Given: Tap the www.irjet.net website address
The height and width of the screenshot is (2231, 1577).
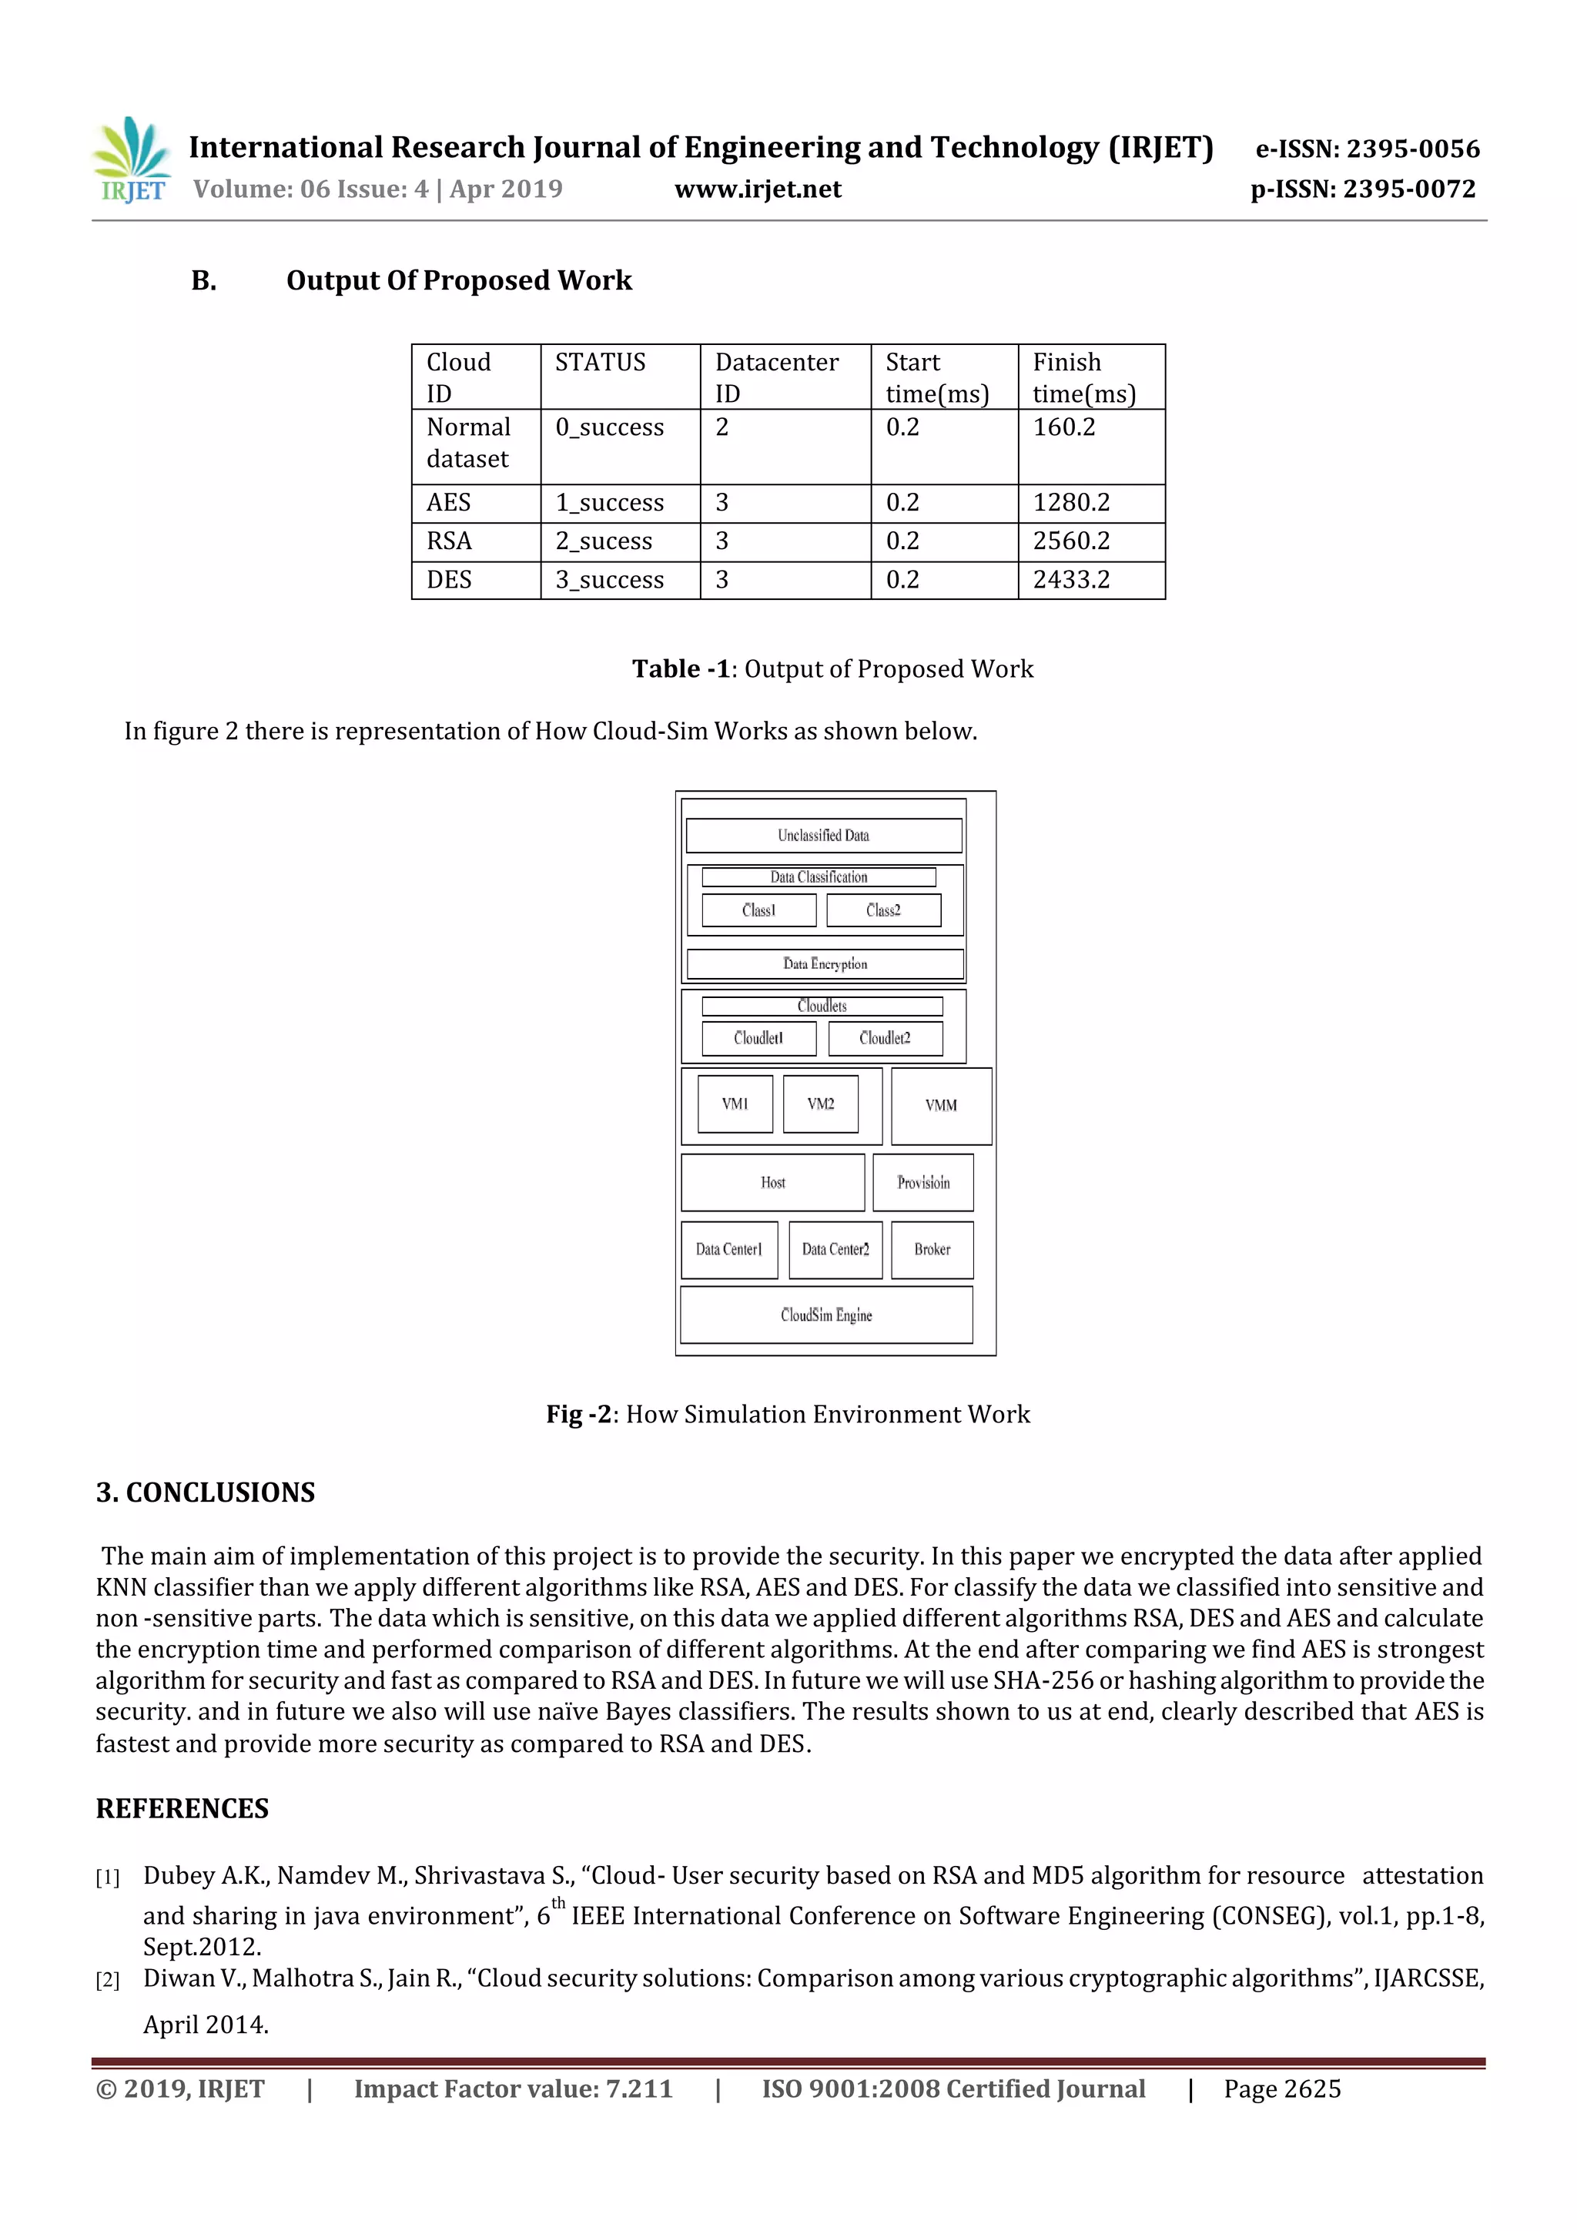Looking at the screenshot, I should point(757,189).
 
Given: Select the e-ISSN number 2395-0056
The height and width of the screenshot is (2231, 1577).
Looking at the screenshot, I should point(1367,149).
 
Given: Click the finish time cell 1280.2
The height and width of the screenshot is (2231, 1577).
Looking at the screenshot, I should point(1071,502).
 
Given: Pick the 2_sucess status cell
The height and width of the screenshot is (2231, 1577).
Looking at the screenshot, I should point(604,541).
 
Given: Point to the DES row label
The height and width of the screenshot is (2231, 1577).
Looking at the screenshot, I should point(449,580).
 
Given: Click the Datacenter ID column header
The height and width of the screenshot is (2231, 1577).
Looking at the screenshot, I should point(776,377).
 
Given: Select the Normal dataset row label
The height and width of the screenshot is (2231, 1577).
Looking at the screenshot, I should point(468,443).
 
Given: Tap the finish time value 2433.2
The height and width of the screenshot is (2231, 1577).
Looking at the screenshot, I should point(1071,580).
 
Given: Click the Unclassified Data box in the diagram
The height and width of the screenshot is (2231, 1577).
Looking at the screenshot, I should point(823,836).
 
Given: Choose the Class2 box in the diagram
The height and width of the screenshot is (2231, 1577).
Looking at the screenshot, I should point(883,910).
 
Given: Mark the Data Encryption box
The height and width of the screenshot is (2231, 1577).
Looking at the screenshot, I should point(825,964).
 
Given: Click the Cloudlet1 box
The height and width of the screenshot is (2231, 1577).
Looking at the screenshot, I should point(758,1038).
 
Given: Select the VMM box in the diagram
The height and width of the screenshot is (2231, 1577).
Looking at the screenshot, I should point(940,1106).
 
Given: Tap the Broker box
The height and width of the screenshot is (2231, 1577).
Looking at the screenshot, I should point(932,1250).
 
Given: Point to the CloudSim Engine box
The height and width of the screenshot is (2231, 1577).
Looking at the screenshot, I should point(826,1315).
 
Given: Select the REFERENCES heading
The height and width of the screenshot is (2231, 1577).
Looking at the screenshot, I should point(182,1808).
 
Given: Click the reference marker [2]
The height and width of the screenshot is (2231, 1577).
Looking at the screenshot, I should point(107,1980).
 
